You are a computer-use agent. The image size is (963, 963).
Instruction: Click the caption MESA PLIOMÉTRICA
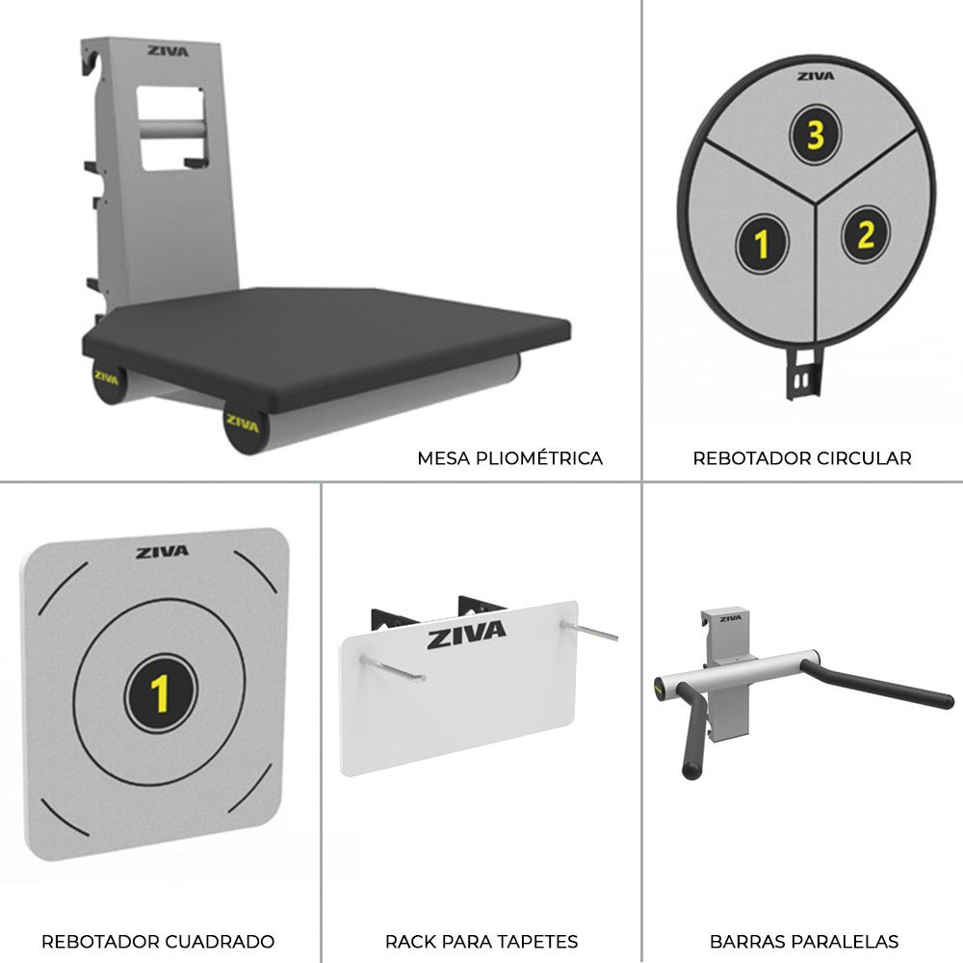(509, 458)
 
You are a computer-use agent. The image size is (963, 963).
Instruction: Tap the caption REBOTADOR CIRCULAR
(802, 458)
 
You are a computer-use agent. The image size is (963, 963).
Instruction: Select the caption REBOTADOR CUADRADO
(158, 942)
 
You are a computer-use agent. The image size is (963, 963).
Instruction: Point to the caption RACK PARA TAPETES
(481, 942)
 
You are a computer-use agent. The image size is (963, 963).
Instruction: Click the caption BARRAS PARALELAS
(804, 942)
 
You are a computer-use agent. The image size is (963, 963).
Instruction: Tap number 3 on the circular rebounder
(815, 135)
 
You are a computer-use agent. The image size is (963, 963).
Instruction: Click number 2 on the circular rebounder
(866, 235)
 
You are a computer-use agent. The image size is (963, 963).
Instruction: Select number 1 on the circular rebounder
(762, 244)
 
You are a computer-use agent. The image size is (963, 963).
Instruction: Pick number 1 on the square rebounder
(160, 693)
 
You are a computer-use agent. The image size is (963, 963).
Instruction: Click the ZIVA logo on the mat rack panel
(467, 635)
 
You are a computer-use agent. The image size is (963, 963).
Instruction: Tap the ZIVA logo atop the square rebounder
(162, 552)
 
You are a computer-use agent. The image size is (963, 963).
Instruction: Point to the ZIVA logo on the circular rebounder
(816, 76)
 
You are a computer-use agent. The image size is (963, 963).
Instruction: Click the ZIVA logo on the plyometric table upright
(168, 51)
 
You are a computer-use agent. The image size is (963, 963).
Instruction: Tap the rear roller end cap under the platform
(110, 380)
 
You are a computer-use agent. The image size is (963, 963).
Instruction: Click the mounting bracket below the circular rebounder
(803, 373)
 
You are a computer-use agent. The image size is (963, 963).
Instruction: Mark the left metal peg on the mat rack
(393, 669)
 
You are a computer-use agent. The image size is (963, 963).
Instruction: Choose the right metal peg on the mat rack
(589, 631)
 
